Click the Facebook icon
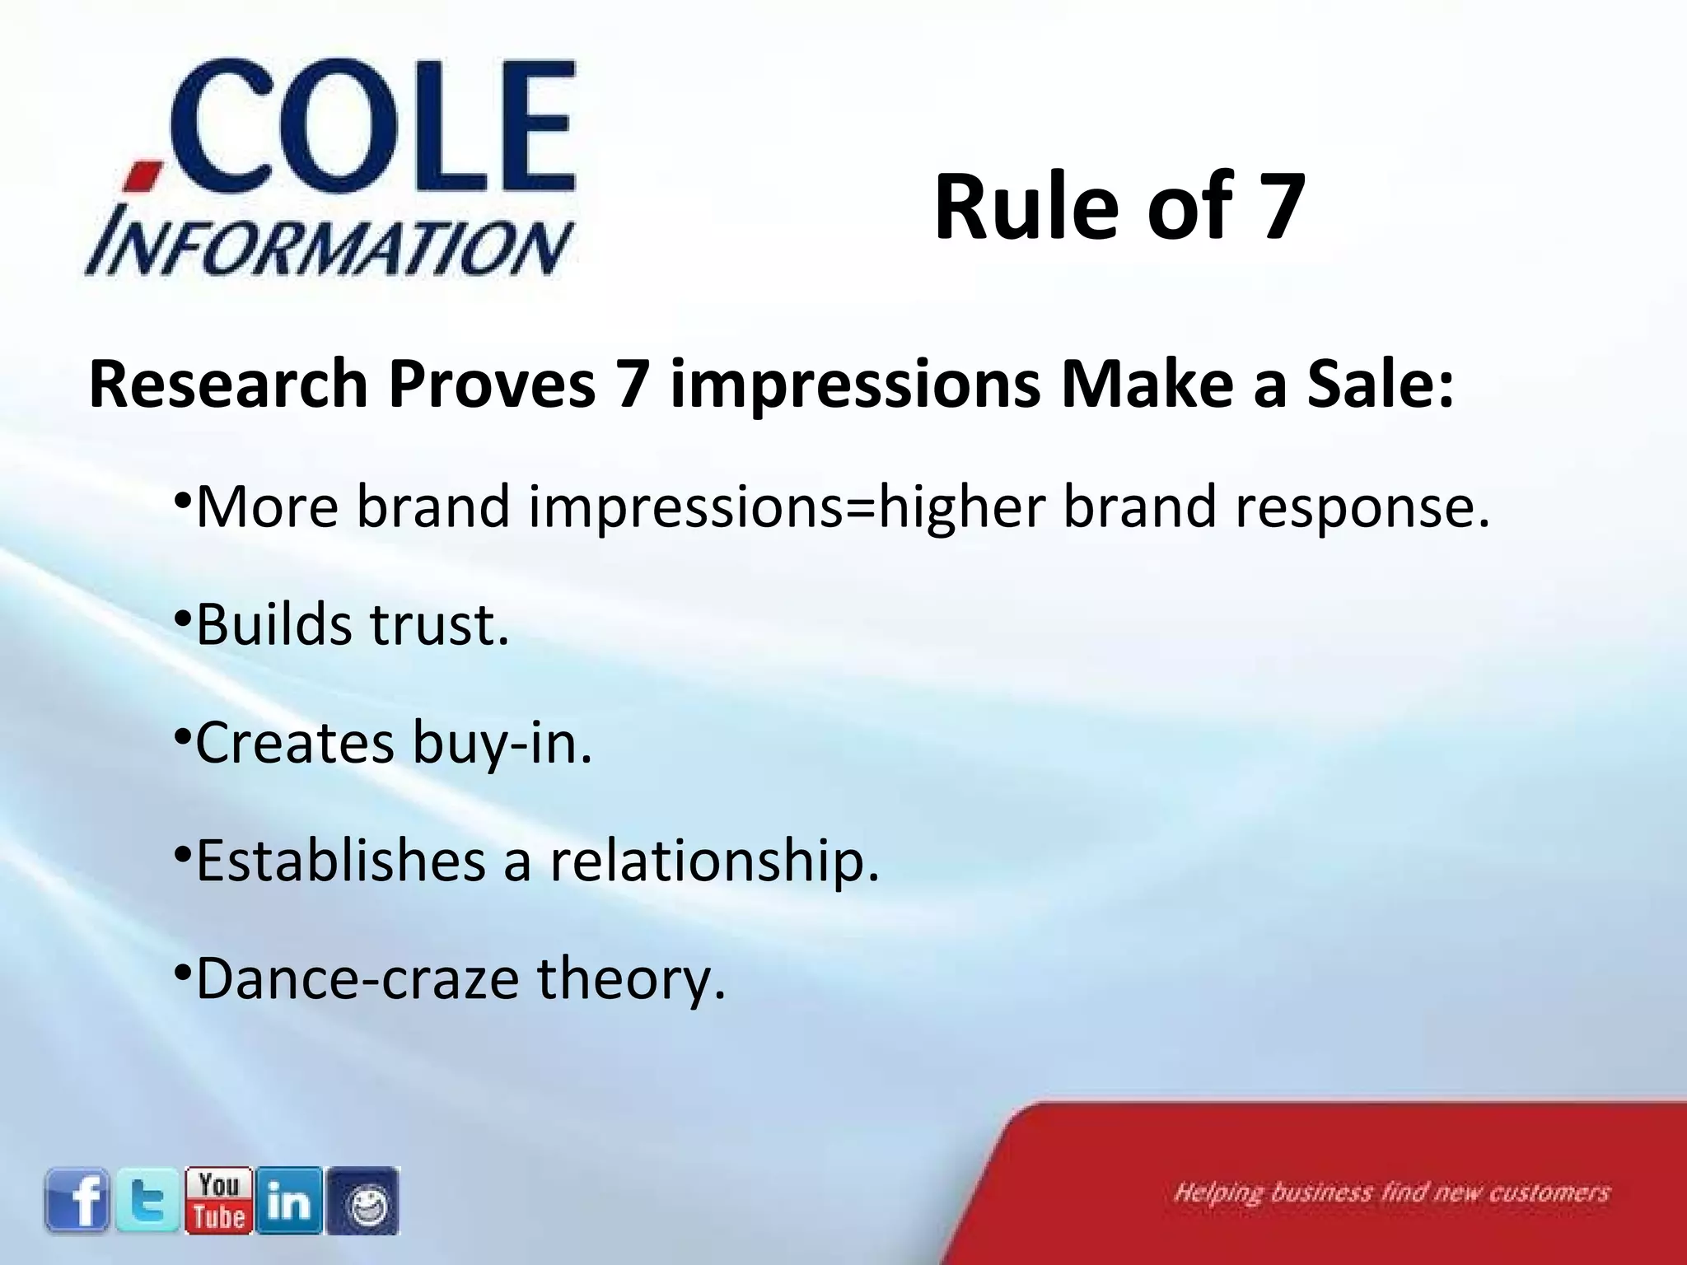(77, 1201)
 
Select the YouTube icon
(218, 1201)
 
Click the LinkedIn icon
(289, 1201)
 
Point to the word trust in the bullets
(438, 624)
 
